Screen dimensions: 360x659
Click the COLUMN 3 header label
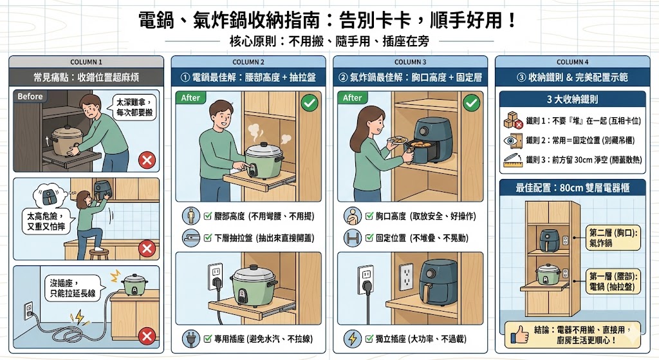pos(411,62)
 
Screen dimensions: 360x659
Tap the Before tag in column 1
pos(30,97)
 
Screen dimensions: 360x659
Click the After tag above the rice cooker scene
pos(191,98)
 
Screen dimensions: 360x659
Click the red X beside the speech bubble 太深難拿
pos(147,160)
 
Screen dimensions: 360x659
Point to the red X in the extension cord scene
pos(147,335)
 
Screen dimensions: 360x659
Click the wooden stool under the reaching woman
pos(99,252)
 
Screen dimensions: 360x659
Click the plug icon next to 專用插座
pos(191,338)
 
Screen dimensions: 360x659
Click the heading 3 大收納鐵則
pos(573,100)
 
